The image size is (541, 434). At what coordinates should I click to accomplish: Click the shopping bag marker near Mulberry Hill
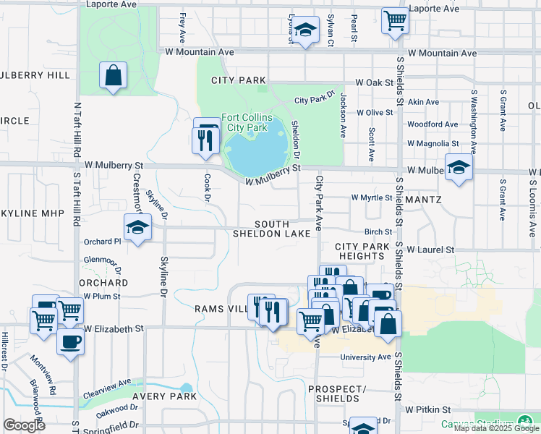point(114,76)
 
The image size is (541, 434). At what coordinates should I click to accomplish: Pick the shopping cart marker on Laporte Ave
point(395,21)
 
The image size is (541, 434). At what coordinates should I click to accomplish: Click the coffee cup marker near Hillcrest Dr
point(70,342)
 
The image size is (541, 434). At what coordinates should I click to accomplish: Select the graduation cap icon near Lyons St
point(305,30)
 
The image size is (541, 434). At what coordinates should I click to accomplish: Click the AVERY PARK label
point(165,396)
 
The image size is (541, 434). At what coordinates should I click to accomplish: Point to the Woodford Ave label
point(433,124)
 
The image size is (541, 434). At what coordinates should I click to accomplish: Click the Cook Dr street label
point(207,187)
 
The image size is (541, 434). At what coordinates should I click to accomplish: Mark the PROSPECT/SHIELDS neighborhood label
point(337,393)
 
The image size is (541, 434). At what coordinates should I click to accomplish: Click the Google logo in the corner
point(24,425)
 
